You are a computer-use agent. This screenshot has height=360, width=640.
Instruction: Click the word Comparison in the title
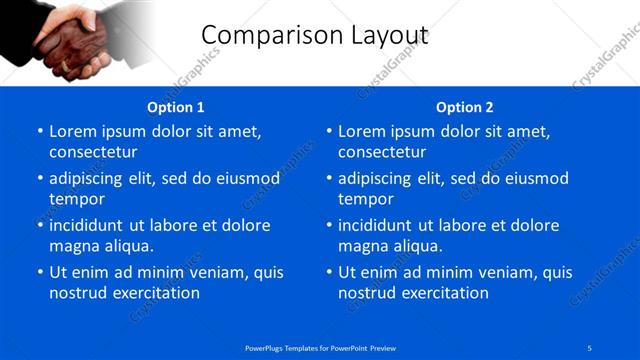[x=262, y=35]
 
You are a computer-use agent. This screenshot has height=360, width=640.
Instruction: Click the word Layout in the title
[x=380, y=35]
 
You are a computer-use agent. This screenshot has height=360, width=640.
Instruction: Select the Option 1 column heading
[x=175, y=107]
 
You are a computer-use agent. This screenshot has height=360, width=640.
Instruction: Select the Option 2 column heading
[x=465, y=107]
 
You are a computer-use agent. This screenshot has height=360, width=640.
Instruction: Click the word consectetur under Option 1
[x=93, y=152]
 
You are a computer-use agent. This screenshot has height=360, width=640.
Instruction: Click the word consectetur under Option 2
[x=382, y=152]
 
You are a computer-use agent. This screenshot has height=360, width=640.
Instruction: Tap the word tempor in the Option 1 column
[x=76, y=199]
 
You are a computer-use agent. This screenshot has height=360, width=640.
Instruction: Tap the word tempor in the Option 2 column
[x=365, y=199]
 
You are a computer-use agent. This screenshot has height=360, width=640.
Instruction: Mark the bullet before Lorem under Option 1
[x=39, y=132]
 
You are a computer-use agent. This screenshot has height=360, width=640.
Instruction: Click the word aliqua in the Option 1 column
[x=127, y=246]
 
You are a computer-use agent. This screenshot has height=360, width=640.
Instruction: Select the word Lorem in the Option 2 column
[x=363, y=131]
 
